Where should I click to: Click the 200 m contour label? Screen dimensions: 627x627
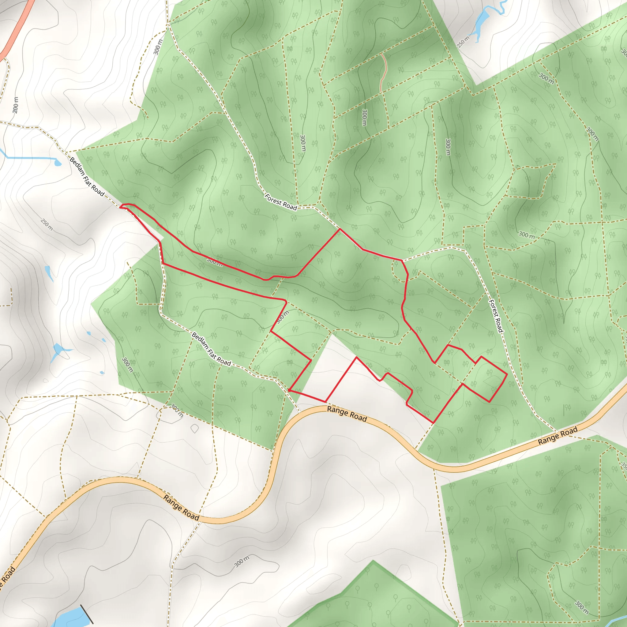[15, 105]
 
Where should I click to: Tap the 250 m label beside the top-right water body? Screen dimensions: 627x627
[463, 42]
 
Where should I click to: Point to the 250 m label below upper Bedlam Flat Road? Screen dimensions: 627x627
[47, 224]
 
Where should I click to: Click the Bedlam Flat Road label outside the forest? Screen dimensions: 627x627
[87, 177]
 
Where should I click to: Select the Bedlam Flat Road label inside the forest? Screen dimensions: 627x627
[211, 349]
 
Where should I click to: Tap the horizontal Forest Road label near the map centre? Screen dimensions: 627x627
[281, 202]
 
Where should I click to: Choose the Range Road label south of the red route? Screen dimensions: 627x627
[347, 414]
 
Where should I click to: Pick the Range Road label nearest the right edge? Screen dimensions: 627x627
[558, 436]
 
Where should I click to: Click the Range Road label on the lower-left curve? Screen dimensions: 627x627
[181, 507]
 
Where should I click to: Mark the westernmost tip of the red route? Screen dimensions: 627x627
[120, 206]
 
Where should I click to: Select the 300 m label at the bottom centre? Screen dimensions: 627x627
[242, 561]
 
